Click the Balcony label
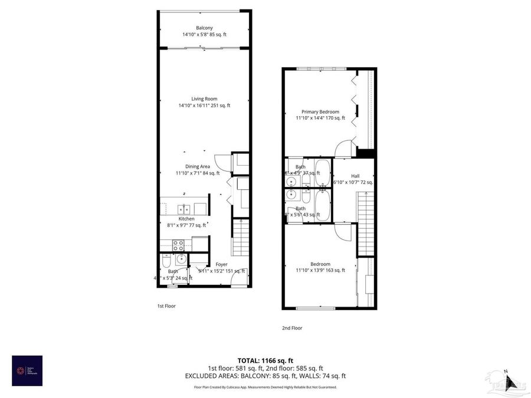[x=204, y=28]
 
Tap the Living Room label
[x=204, y=98]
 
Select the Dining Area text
[x=197, y=166]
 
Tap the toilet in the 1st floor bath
[x=165, y=261]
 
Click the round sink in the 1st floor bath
[x=181, y=259]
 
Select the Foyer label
[x=221, y=264]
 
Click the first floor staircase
[x=239, y=235]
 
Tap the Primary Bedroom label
[x=320, y=111]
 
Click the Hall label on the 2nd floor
[x=355, y=176]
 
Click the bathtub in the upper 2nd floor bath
[x=323, y=172]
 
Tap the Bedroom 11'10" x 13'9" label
[x=320, y=264]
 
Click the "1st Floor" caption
[x=166, y=306]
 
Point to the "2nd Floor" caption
[x=293, y=328]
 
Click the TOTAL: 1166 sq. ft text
[x=265, y=360]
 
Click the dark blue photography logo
[x=27, y=370]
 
